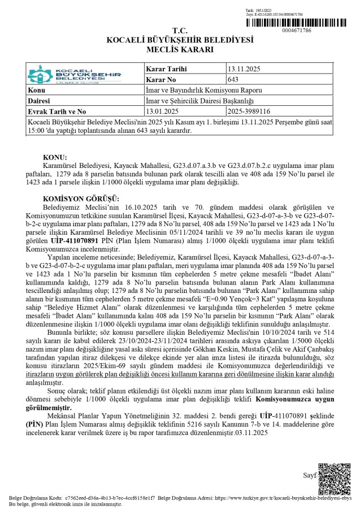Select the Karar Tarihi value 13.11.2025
[x=244, y=69]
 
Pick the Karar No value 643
[x=232, y=80]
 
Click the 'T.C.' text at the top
[x=180, y=31]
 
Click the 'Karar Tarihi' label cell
[x=166, y=69]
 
